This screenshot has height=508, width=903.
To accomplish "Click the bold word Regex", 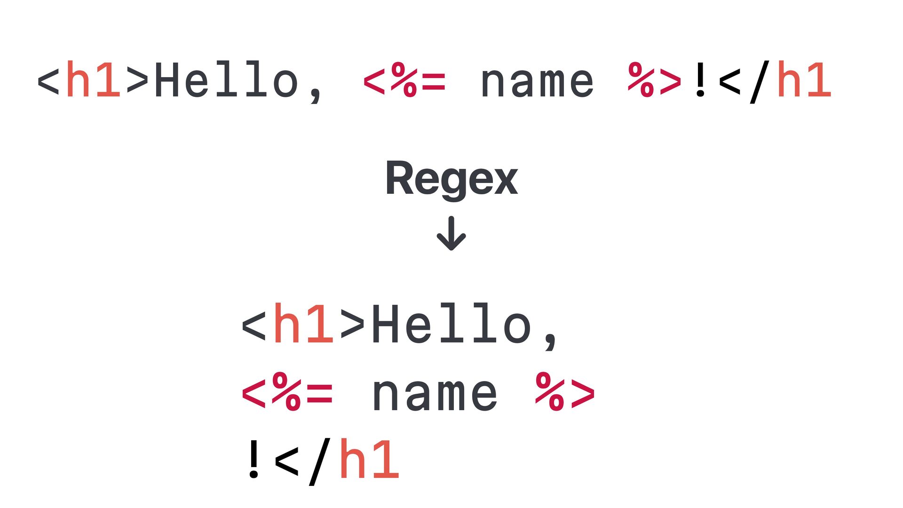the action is click(451, 179).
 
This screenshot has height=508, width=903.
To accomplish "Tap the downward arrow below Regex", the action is click(451, 233).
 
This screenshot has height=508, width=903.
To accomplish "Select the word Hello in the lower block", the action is click(451, 325).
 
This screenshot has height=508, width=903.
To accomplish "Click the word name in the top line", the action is click(537, 83).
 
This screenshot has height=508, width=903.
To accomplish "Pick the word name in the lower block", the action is click(435, 394).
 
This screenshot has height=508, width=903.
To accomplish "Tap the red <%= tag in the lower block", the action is click(287, 392).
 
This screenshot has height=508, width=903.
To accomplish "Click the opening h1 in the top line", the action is click(93, 80).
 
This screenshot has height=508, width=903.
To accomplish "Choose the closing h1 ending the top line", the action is click(804, 80).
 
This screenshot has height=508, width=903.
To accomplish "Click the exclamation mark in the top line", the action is click(700, 80).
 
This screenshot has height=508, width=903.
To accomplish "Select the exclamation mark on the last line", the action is click(254, 459).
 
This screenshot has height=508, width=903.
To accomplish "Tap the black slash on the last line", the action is click(320, 461).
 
